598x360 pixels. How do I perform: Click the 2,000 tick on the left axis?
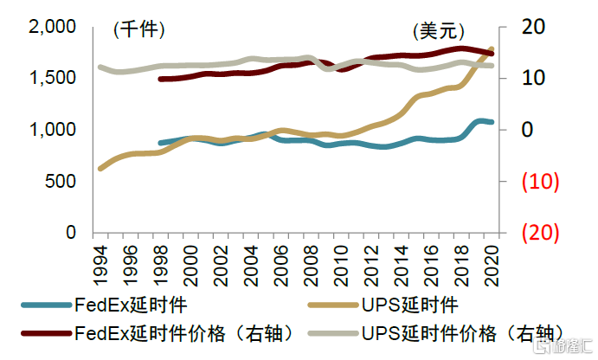click(55, 27)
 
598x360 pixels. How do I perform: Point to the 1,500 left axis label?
click(55, 79)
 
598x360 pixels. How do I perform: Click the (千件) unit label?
click(138, 30)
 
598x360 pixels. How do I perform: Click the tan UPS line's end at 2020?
click(492, 48)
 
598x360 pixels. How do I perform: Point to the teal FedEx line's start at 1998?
click(160, 143)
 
